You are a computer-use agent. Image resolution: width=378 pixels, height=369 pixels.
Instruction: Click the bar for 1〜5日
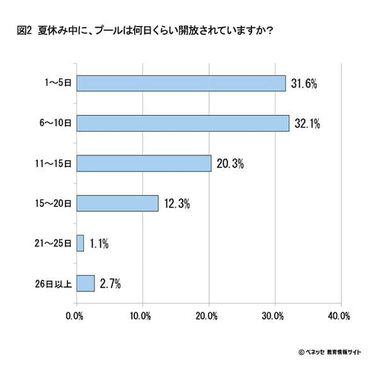(181, 83)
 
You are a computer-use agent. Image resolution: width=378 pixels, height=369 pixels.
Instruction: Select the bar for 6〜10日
(182, 123)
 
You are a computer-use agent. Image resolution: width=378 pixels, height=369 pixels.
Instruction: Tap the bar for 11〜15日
(143, 163)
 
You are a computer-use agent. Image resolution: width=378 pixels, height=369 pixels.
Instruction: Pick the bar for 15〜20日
(117, 203)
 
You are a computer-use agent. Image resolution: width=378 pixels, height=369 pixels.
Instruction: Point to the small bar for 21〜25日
(80, 243)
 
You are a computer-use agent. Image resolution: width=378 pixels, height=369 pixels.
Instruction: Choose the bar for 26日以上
(85, 283)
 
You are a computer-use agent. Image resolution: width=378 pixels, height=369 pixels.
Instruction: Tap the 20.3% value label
(230, 163)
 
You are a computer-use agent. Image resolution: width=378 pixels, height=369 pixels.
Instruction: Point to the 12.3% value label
(177, 204)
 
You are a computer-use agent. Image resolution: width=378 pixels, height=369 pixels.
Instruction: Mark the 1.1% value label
(101, 243)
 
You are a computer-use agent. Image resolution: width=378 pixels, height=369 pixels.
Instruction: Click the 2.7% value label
(111, 284)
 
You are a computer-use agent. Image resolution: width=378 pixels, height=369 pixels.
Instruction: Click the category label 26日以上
(55, 283)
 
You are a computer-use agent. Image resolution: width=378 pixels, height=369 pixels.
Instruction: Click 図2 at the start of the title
(25, 30)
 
